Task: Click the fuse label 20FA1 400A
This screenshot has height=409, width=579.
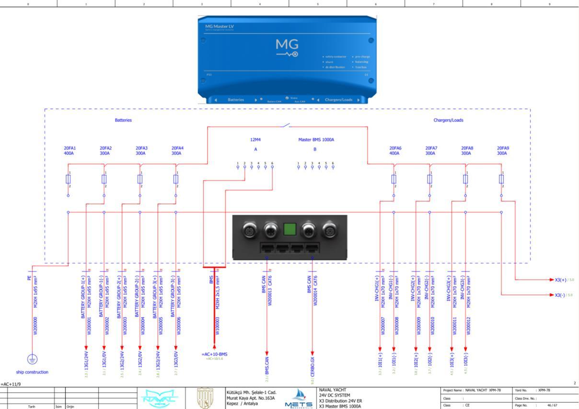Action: [70, 151]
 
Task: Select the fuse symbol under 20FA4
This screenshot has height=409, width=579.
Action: [176, 179]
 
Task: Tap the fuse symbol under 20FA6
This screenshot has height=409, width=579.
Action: [394, 179]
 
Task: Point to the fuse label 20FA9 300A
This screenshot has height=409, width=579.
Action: [503, 151]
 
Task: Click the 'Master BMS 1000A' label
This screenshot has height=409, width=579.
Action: [316, 140]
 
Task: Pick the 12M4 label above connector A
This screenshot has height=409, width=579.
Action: [255, 140]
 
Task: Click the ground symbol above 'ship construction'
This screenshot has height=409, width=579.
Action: [32, 358]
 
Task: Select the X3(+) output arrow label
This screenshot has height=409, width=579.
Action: [560, 280]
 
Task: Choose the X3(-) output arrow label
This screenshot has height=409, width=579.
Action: [560, 295]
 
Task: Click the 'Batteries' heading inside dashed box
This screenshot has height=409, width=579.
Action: [123, 120]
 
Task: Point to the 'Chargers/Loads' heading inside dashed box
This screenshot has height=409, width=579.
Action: [448, 120]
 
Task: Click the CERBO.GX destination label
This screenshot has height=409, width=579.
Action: [313, 366]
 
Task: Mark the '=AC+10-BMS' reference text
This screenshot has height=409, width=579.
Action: [214, 354]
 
